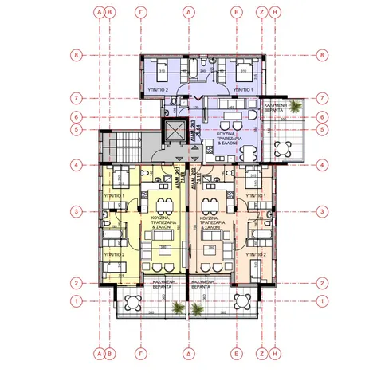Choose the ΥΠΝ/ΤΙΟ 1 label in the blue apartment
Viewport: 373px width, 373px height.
click(x=243, y=92)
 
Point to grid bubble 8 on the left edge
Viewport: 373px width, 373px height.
click(x=77, y=56)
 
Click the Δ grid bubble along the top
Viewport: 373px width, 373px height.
click(x=187, y=13)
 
